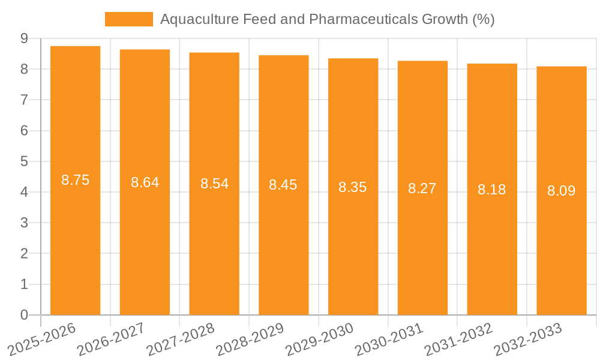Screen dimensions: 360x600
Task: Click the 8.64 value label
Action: coord(145,182)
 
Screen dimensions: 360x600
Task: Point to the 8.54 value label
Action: coord(214,184)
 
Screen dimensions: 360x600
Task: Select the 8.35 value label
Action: coord(352,187)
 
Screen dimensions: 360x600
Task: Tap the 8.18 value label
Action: coord(491,190)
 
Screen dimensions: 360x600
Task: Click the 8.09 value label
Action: coord(561,191)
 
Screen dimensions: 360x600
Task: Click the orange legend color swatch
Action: coord(128,19)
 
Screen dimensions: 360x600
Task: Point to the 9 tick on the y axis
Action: coord(24,38)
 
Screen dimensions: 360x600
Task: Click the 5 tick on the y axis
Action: coord(24,161)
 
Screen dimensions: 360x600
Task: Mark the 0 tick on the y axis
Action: coord(24,315)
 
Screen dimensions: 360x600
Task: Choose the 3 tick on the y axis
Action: coord(24,223)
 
